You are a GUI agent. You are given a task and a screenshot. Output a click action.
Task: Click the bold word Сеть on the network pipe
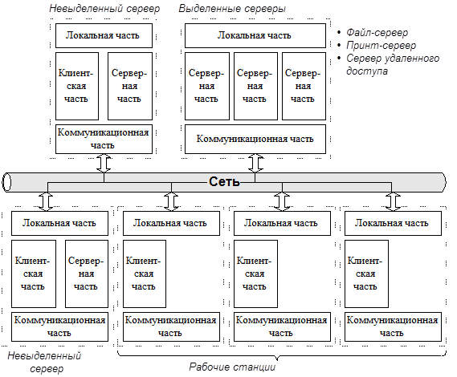[224, 181]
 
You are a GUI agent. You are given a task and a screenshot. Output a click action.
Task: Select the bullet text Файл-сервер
[377, 32]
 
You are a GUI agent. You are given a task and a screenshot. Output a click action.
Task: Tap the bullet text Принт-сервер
[381, 46]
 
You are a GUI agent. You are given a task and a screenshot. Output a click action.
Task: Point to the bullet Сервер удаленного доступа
[393, 65]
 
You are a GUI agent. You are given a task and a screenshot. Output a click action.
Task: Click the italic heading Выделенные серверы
[232, 9]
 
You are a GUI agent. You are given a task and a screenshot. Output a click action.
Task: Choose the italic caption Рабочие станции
[232, 367]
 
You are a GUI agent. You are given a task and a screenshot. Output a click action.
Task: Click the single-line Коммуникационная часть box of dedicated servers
[255, 139]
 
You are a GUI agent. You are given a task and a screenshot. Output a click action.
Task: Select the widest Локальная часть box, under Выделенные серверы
[255, 35]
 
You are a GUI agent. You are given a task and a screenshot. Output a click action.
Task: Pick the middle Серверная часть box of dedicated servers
[255, 86]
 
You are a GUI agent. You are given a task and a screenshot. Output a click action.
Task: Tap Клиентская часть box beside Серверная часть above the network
[77, 86]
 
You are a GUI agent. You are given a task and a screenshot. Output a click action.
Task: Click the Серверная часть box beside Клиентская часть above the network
[130, 86]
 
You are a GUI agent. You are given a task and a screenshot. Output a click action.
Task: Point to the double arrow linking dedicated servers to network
[256, 163]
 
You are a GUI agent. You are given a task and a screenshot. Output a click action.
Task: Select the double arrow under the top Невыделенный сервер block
[104, 163]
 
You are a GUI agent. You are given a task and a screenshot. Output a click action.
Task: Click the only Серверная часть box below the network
[87, 274]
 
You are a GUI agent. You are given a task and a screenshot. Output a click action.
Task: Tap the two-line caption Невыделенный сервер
[45, 362]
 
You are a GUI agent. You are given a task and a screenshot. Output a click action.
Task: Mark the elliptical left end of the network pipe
[6, 183]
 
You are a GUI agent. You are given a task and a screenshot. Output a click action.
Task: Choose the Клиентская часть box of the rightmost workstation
[367, 274]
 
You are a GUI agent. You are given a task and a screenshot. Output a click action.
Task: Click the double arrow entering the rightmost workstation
[393, 201]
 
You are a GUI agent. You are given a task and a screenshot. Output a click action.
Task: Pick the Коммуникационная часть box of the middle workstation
[282, 327]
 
